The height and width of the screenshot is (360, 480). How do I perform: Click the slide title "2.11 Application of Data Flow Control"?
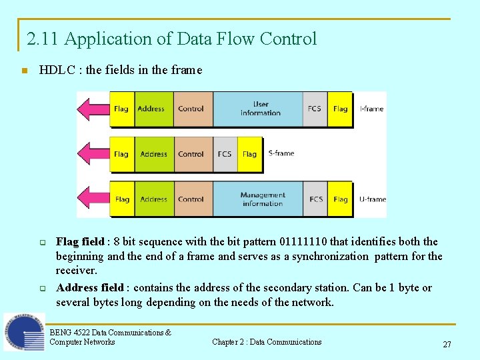tap(171, 39)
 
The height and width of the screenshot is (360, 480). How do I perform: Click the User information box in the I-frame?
tap(260, 109)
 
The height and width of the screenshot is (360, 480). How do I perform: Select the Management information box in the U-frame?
tap(262, 199)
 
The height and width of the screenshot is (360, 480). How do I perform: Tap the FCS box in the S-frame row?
tap(225, 154)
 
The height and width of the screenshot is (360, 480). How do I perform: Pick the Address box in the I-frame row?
tap(151, 109)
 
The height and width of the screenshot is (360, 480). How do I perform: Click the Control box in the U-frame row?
tap(191, 199)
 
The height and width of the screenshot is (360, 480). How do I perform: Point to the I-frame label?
tap(371, 109)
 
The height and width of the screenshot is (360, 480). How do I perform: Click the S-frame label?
tap(281, 153)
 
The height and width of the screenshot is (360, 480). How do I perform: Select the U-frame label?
tap(372, 199)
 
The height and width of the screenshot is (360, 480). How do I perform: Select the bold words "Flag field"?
tap(80, 241)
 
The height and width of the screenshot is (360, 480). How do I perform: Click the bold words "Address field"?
tap(90, 288)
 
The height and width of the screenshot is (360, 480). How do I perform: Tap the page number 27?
tap(447, 345)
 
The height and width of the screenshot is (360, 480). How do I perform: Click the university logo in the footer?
tap(23, 333)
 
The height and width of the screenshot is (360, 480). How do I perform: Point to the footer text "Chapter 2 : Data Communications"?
tap(267, 342)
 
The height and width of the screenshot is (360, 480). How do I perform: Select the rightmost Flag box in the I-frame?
tap(340, 109)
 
